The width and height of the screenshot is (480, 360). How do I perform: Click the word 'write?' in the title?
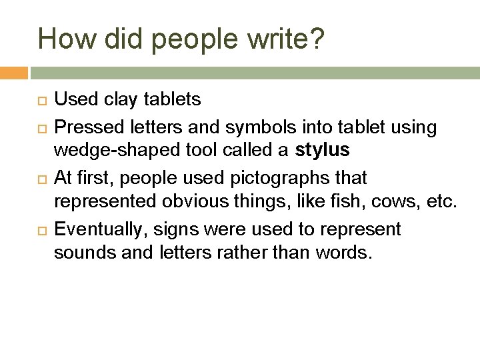click(287, 39)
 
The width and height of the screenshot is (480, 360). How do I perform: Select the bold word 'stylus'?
click(322, 151)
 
